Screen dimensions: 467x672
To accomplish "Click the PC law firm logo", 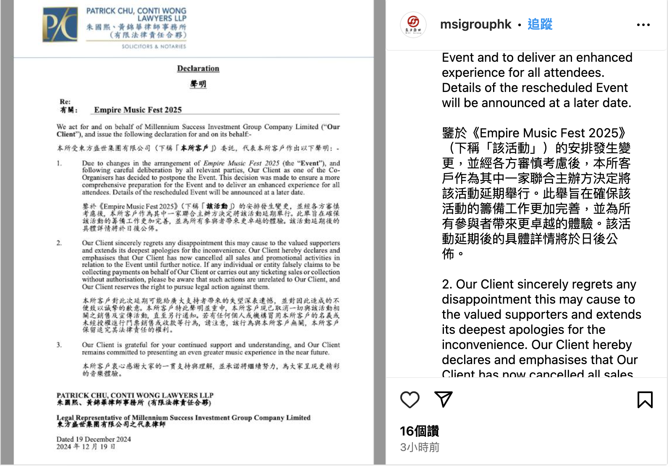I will (x=60, y=25).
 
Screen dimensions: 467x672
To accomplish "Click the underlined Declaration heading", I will (x=198, y=68).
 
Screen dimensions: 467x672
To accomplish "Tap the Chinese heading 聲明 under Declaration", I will (x=198, y=84).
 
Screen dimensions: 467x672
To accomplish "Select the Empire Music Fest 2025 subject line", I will (x=138, y=110).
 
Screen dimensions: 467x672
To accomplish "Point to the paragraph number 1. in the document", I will (x=59, y=163).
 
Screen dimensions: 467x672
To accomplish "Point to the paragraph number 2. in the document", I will (x=59, y=243).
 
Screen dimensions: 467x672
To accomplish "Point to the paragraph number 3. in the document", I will (x=59, y=345).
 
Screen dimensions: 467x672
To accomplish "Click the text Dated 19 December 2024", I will (x=94, y=439).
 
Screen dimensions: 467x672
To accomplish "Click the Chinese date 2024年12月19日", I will (x=86, y=447).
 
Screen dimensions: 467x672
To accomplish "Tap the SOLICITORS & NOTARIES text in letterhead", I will (x=154, y=47).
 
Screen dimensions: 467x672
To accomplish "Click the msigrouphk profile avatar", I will (x=413, y=25).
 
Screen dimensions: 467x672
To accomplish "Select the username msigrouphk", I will (x=475, y=24).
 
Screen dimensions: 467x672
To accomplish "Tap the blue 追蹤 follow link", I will (x=540, y=24).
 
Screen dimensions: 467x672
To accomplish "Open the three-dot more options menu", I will (x=643, y=25).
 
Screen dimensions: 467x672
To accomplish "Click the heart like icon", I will (x=410, y=399).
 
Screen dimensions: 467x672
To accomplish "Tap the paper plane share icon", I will (x=444, y=399).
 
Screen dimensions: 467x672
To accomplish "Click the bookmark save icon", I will (x=645, y=399).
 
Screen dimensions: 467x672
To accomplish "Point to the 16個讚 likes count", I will (x=419, y=431).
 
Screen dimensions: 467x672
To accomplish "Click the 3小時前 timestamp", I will (x=420, y=447).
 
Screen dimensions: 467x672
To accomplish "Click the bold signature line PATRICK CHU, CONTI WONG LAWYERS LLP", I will (x=135, y=396).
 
